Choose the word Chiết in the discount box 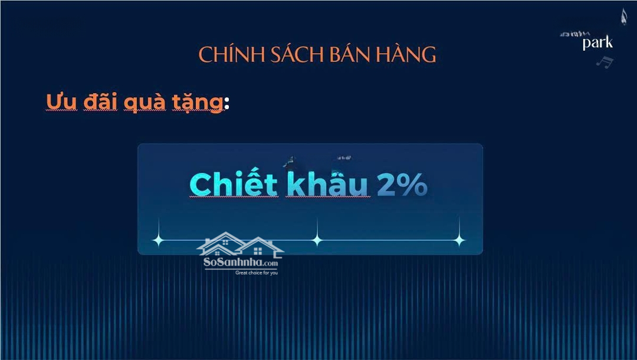tap(234, 185)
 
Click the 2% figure tap(402, 185)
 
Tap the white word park tap(597, 43)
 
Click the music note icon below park tap(605, 61)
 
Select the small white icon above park tap(623, 17)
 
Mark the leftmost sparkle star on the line tap(158, 240)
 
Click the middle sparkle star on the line tap(317, 240)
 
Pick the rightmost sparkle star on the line tap(459, 240)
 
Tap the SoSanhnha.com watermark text tap(240, 263)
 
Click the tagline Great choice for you tap(257, 273)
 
